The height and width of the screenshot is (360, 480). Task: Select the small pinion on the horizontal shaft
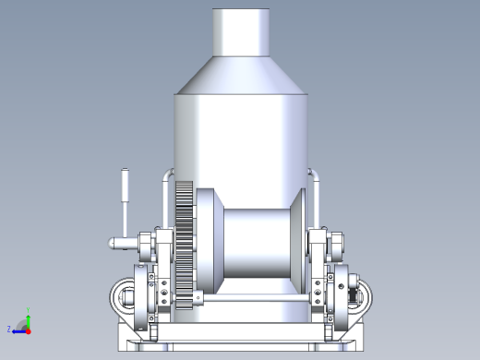pyautogui.click(x=198, y=299)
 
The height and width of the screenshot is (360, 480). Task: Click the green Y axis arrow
pyautogui.click(x=28, y=318)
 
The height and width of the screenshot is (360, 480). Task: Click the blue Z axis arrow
pyautogui.click(x=19, y=329)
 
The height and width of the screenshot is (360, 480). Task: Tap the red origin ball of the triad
pyautogui.click(x=28, y=329)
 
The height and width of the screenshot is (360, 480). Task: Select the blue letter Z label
pyautogui.click(x=9, y=329)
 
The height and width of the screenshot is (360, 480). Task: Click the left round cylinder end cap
pyautogui.click(x=124, y=296)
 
